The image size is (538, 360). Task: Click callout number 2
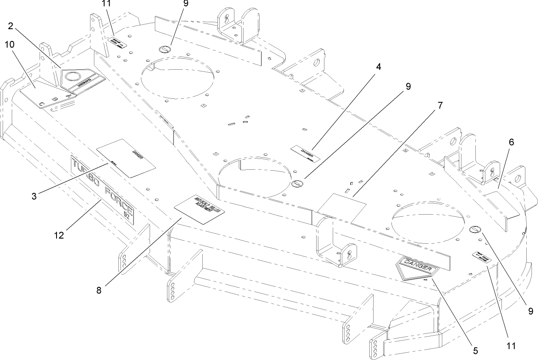point(12,26)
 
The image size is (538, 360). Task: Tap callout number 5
point(475,350)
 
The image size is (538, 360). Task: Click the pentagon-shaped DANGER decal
point(414,268)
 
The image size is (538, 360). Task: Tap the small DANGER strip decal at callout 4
point(306,154)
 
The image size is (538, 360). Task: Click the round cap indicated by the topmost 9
point(166,49)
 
